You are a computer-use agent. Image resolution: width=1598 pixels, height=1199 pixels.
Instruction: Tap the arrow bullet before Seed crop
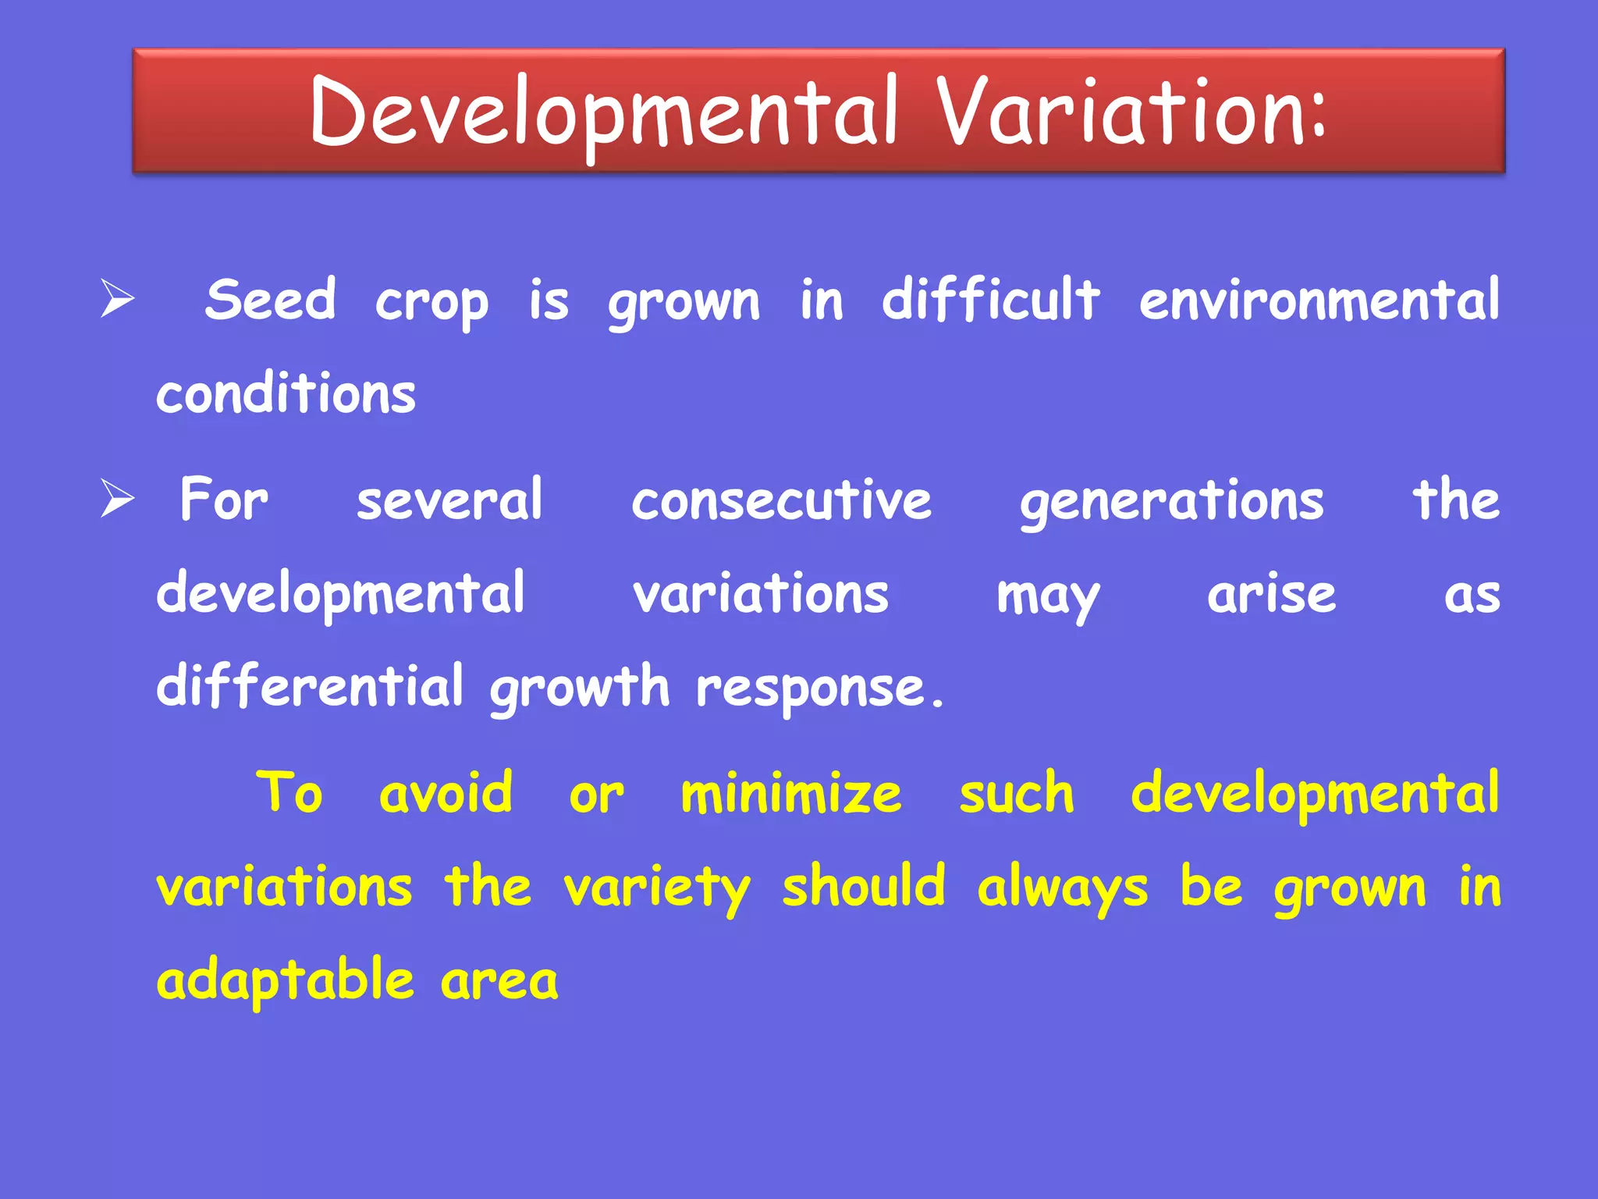tap(118, 300)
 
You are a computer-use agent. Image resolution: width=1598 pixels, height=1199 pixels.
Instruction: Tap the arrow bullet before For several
tap(118, 500)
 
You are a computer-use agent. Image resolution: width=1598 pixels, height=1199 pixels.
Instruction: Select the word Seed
tap(270, 300)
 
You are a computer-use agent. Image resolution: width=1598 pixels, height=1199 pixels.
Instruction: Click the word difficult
tap(990, 300)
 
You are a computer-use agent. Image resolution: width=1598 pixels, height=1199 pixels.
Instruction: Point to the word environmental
tap(1319, 300)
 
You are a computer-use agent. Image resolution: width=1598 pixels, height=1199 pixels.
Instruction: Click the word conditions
tap(286, 393)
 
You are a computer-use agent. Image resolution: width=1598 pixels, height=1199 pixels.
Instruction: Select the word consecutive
tap(781, 500)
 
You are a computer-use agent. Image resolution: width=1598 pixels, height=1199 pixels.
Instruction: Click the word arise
tap(1271, 595)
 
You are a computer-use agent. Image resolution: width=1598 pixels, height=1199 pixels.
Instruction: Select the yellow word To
tap(289, 793)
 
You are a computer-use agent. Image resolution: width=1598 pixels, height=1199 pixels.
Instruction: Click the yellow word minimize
tap(791, 793)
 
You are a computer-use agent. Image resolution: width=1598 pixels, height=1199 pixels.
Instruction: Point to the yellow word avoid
tap(446, 793)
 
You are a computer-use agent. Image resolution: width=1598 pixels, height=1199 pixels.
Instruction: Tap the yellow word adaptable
tap(285, 981)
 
